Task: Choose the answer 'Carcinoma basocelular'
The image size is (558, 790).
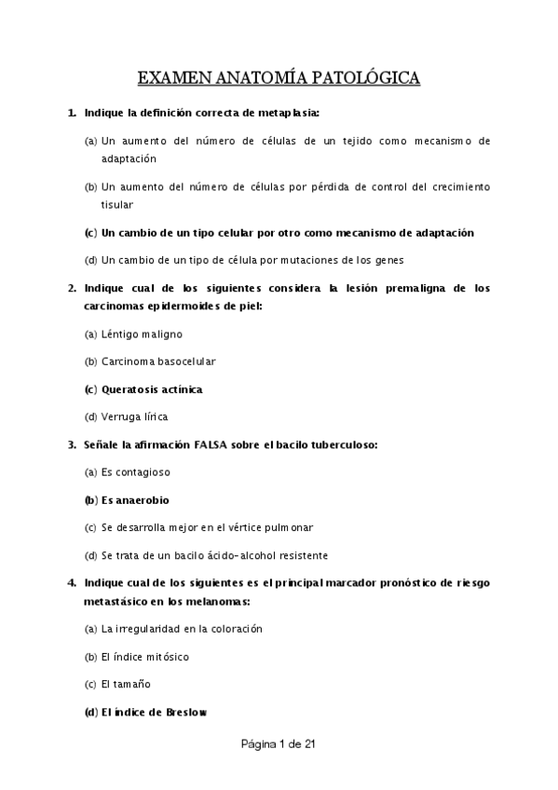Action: click(x=157, y=361)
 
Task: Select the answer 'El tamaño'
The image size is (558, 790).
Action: click(x=126, y=685)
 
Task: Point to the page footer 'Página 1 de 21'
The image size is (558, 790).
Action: click(x=279, y=744)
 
